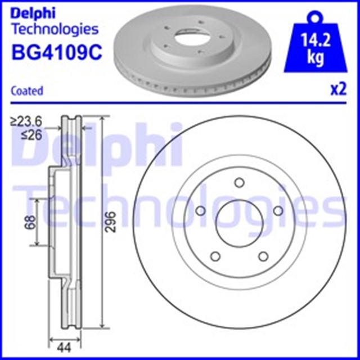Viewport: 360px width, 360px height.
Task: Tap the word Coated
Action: click(x=27, y=91)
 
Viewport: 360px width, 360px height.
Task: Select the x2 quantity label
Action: click(x=337, y=90)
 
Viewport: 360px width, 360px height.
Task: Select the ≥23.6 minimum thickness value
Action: click(x=27, y=120)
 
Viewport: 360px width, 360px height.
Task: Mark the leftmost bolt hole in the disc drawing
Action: click(x=200, y=211)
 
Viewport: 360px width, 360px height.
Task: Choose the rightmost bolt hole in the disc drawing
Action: click(x=277, y=210)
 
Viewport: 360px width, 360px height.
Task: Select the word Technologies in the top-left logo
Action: click(x=55, y=29)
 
